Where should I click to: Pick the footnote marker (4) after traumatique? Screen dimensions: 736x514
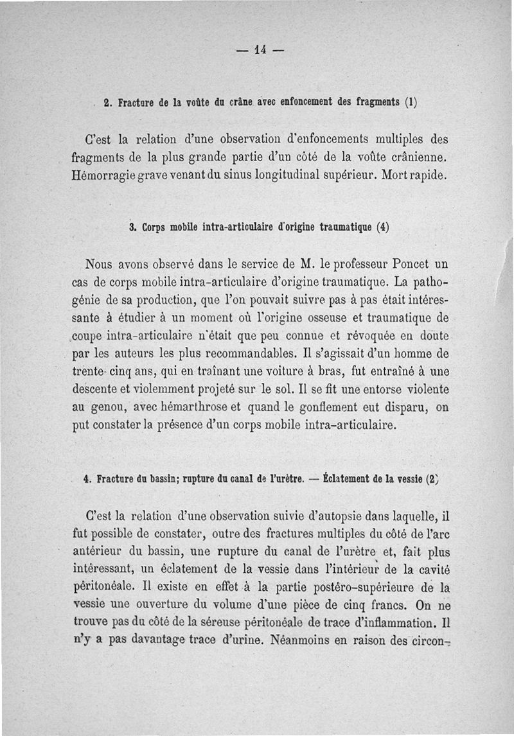[x=383, y=227]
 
